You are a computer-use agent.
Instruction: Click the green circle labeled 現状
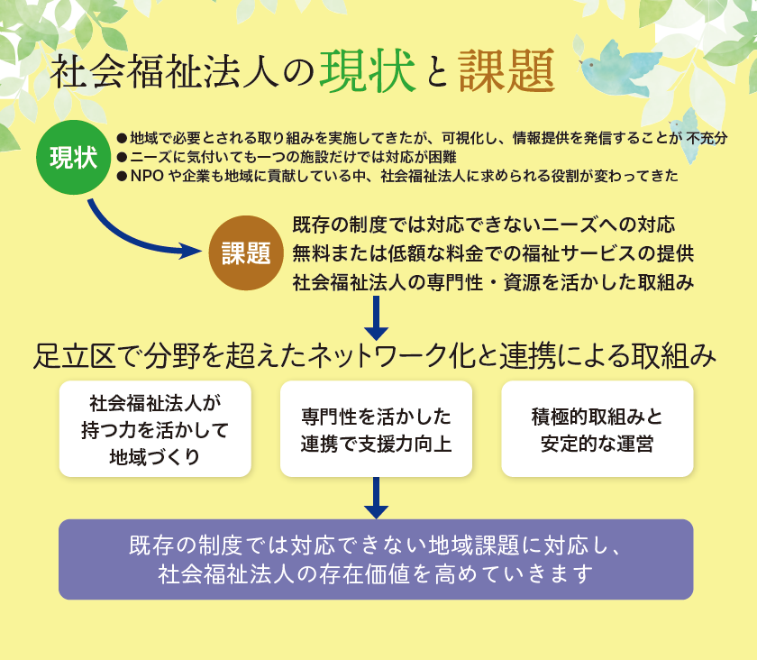click(74, 158)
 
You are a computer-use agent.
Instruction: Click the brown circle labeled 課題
click(246, 252)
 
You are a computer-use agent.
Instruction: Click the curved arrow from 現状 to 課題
click(135, 236)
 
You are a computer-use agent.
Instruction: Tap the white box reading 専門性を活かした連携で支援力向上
click(376, 428)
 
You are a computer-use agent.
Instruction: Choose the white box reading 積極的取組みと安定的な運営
click(597, 428)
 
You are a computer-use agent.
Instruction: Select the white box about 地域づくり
click(155, 428)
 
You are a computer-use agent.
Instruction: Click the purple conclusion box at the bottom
click(376, 559)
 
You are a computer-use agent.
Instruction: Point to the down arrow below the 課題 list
click(376, 316)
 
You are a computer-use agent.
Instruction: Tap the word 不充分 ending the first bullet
click(707, 139)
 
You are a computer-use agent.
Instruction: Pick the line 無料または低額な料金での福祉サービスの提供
click(493, 252)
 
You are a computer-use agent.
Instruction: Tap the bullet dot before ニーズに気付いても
click(122, 158)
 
